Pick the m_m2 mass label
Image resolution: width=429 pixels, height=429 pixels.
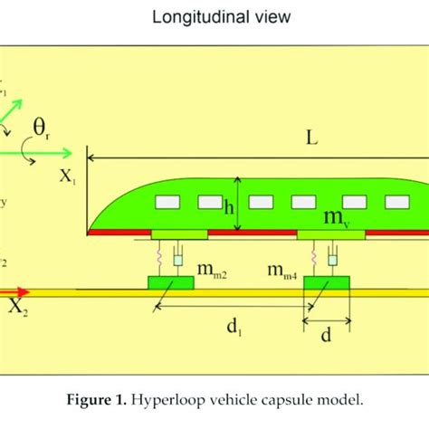pos(213,271)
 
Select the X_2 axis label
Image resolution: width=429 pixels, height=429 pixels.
pos(17,308)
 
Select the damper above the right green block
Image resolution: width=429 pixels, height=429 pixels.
pos(332,261)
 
